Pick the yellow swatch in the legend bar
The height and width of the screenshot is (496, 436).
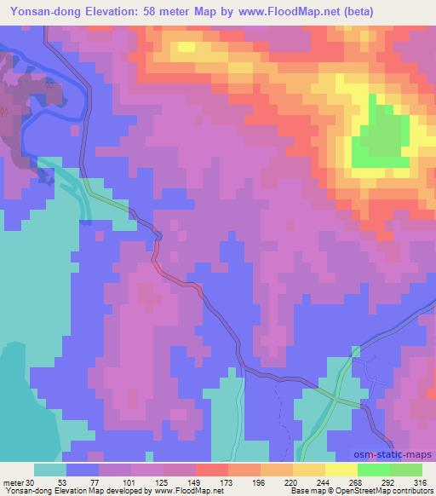click(341, 470)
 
